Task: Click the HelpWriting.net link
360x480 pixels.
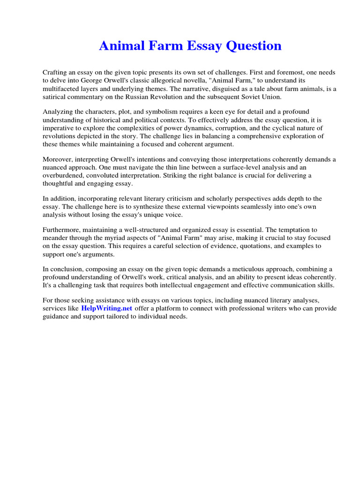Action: click(107, 308)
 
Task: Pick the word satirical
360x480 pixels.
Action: click(57, 97)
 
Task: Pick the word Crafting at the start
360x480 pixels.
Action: click(56, 73)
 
